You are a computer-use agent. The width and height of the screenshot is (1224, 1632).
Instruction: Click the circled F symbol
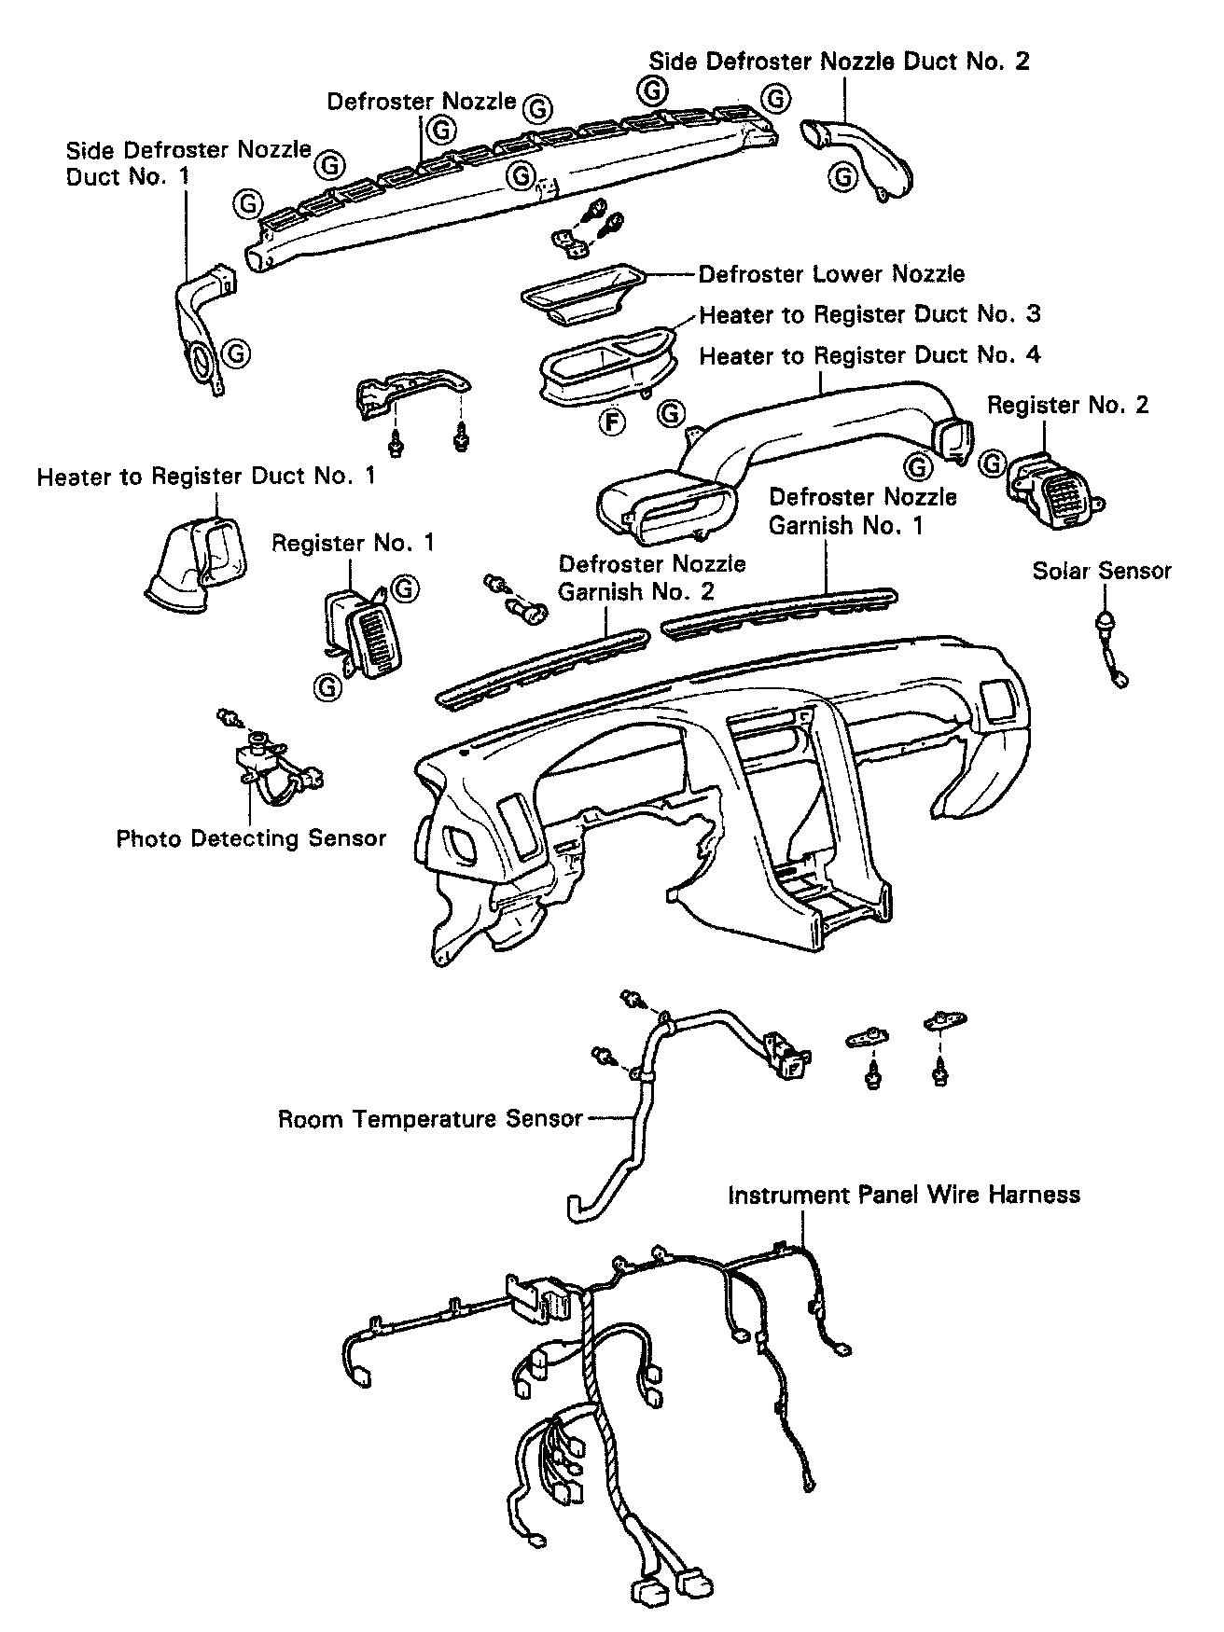pos(612,422)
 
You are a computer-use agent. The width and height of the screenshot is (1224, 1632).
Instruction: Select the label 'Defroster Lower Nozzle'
pos(831,274)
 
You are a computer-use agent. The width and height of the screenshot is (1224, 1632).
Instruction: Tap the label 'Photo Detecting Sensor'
pos(250,838)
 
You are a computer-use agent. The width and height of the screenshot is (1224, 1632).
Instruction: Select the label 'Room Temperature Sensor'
pos(430,1118)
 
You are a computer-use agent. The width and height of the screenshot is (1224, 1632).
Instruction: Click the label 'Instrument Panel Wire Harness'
pos(903,1195)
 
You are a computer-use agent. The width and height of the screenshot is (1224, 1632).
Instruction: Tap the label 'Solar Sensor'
pos(1101,571)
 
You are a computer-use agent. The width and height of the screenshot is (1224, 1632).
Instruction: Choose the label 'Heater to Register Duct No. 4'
pos(869,355)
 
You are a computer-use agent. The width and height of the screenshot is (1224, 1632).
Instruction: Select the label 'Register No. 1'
pos(353,543)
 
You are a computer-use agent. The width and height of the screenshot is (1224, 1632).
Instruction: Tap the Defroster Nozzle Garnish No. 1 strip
pos(779,613)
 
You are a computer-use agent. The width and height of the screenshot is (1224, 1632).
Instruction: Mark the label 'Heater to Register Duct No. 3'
pos(869,314)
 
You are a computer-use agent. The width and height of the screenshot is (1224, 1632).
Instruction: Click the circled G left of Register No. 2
pos(994,463)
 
